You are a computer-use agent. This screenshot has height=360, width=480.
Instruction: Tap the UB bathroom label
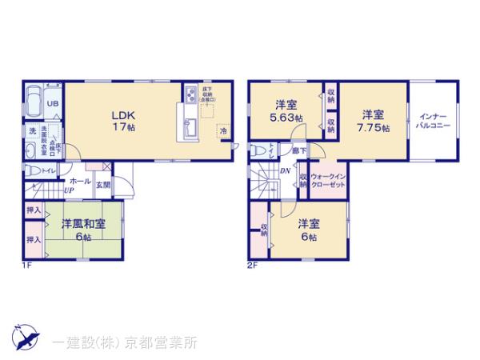tap(51, 103)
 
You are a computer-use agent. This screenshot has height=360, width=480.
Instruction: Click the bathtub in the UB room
tap(34, 102)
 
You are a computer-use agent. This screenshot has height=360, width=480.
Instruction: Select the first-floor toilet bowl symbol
tap(31, 170)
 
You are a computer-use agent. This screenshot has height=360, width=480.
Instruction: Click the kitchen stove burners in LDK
tap(192, 96)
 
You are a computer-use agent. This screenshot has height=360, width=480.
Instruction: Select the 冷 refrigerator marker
tap(223, 130)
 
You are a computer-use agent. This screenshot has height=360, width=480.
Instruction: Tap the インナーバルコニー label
tap(434, 122)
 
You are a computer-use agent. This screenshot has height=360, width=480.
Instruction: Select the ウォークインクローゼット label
tap(326, 180)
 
